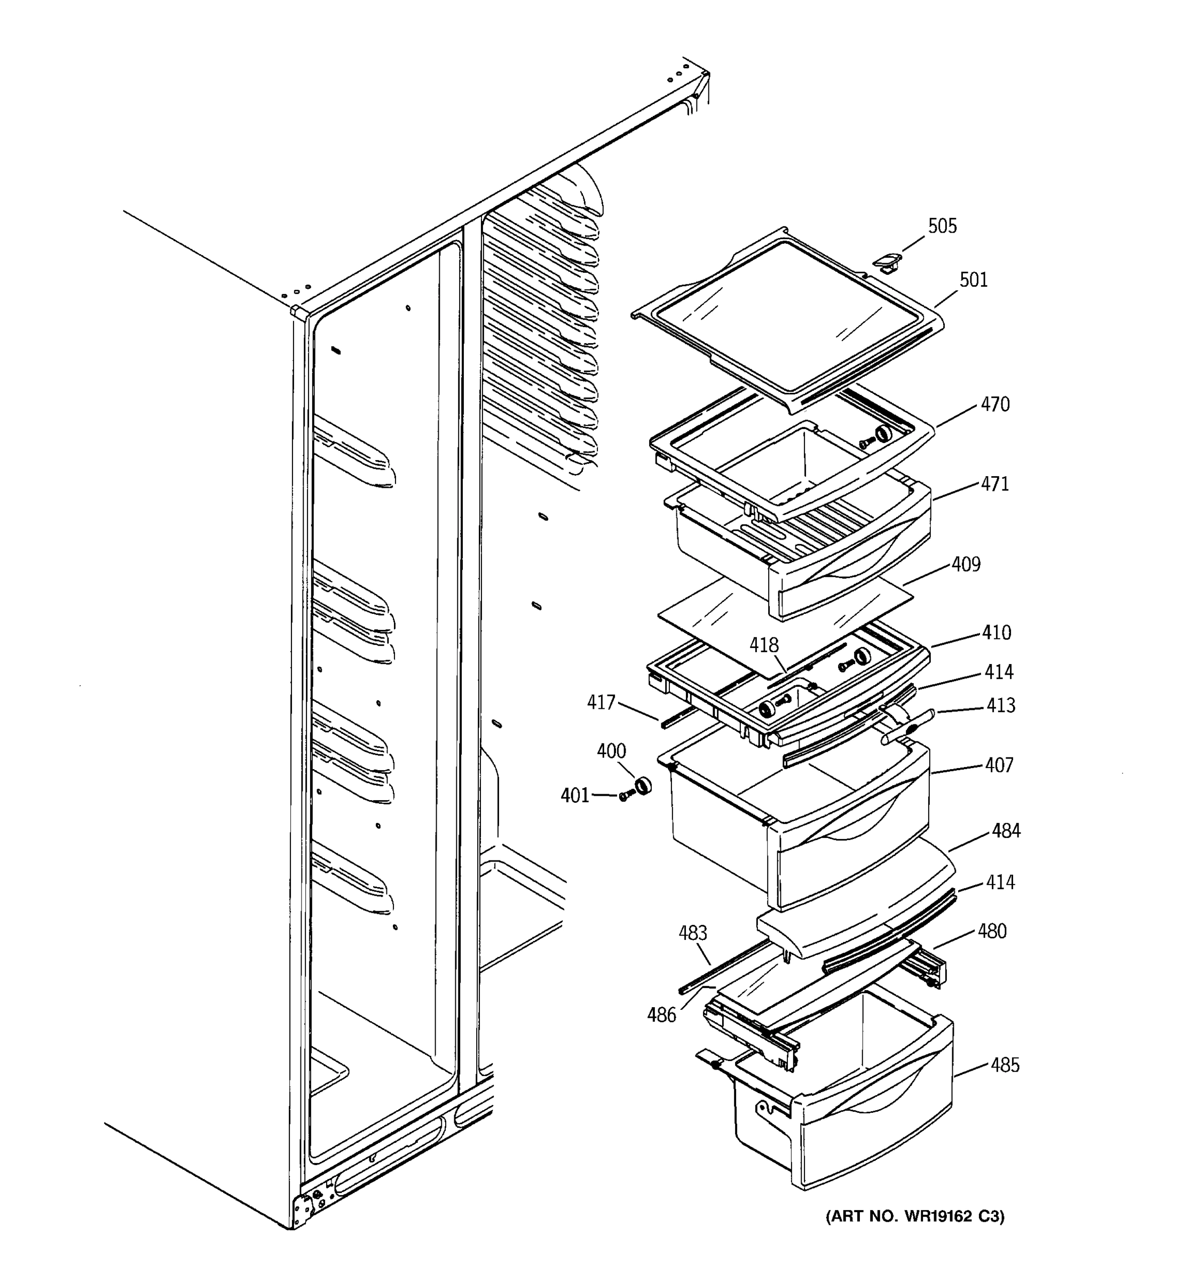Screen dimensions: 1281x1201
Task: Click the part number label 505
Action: tap(942, 226)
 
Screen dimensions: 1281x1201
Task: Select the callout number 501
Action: tap(973, 280)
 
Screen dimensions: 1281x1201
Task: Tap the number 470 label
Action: tap(995, 405)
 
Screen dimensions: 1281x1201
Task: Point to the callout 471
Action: tap(995, 484)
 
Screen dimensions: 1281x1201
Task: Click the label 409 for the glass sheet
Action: tap(966, 565)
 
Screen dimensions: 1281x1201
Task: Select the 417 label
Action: tap(600, 702)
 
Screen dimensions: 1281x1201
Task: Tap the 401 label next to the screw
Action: tap(575, 796)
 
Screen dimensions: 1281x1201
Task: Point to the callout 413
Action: tap(1001, 706)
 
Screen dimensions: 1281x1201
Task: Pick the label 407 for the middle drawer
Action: tap(999, 765)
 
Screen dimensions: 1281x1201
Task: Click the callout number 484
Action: tap(1006, 831)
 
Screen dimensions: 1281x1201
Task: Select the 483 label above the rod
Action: tap(693, 932)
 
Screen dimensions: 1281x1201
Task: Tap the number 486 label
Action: tap(662, 1016)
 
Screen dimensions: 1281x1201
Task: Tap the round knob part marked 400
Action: tap(642, 786)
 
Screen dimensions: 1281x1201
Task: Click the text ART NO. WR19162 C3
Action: tap(915, 1216)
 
